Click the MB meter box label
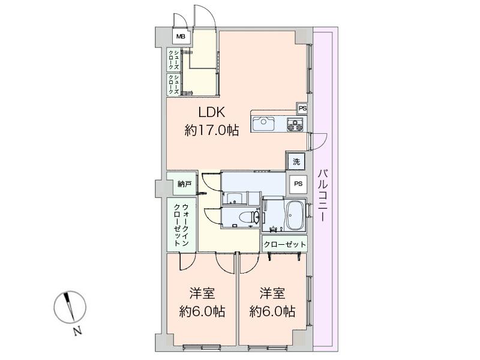(181, 37)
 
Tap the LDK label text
(212, 113)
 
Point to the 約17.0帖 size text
(212, 130)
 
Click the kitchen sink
(263, 124)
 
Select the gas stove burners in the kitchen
(295, 125)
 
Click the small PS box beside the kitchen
(302, 109)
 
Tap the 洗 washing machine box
(296, 161)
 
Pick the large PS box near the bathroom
(298, 184)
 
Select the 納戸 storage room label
(184, 184)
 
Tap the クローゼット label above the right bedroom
(284, 244)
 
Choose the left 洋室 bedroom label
(202, 294)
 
